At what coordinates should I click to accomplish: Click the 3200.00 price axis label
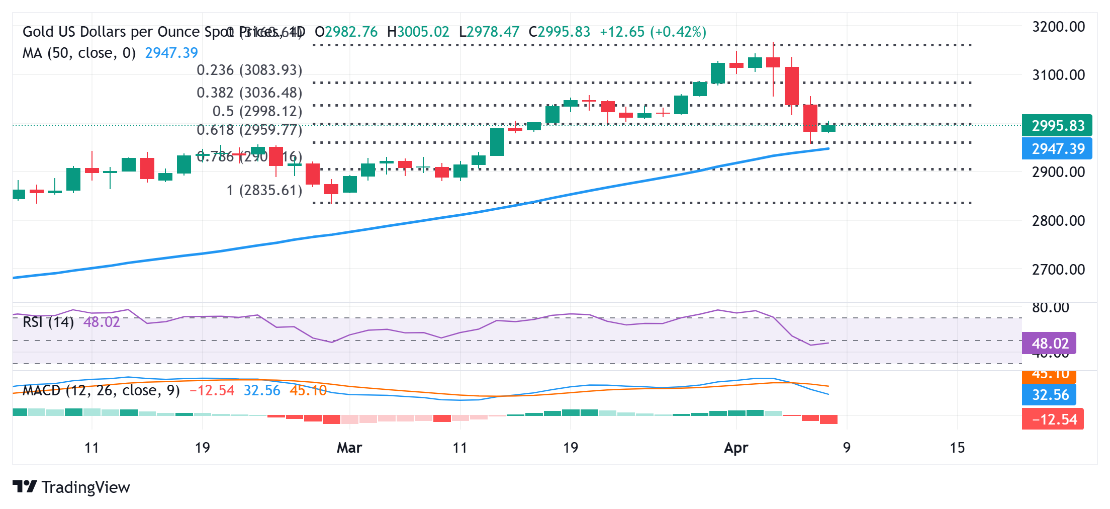1058,27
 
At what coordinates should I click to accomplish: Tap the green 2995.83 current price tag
1057,125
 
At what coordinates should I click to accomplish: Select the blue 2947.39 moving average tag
1057,149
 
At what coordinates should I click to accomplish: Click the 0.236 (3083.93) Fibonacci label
249,70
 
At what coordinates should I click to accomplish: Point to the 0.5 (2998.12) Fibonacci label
257,111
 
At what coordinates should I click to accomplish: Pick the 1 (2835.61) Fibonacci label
264,190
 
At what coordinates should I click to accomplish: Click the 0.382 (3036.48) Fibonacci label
249,93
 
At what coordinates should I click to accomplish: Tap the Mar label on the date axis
349,448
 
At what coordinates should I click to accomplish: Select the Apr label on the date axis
735,448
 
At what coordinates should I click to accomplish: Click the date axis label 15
957,448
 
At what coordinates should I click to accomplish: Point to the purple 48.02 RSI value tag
1049,344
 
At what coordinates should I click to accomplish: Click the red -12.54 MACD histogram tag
1053,419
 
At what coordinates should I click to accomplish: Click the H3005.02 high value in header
418,32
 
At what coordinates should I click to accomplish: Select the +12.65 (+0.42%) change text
653,32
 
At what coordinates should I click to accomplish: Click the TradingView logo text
85,487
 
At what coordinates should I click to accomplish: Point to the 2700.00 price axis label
1058,270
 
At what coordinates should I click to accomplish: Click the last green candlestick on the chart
828,128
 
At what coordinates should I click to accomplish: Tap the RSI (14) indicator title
48,322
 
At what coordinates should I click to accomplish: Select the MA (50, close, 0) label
79,53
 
